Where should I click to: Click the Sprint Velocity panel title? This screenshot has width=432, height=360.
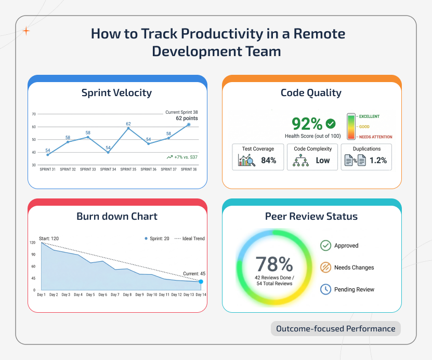coord(116,93)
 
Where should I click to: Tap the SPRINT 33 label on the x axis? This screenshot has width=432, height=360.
coord(87,169)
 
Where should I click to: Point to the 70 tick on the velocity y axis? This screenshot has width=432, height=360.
coord(34,114)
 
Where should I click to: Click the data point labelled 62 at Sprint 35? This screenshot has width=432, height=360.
coord(128,128)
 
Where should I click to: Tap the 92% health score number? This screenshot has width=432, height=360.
coord(307,124)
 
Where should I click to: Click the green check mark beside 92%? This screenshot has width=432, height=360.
coord(330,124)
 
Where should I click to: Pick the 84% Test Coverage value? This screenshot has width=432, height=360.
coord(268,161)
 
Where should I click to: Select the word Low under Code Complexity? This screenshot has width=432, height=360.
coord(323,161)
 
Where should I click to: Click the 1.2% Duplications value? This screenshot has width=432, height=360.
coord(378,161)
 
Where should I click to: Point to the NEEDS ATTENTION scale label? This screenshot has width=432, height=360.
coord(375,137)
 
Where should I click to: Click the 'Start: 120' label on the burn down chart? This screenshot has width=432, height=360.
coord(49,238)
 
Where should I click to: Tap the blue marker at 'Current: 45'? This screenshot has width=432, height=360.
coord(201,282)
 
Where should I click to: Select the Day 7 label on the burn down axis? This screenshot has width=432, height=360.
coord(115,295)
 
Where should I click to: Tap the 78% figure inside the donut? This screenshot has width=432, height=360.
coord(274,264)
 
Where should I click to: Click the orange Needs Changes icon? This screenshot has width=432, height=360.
coord(325,268)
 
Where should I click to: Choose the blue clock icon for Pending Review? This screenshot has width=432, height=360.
coord(325,289)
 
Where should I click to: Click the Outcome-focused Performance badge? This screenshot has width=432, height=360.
coord(335,329)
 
